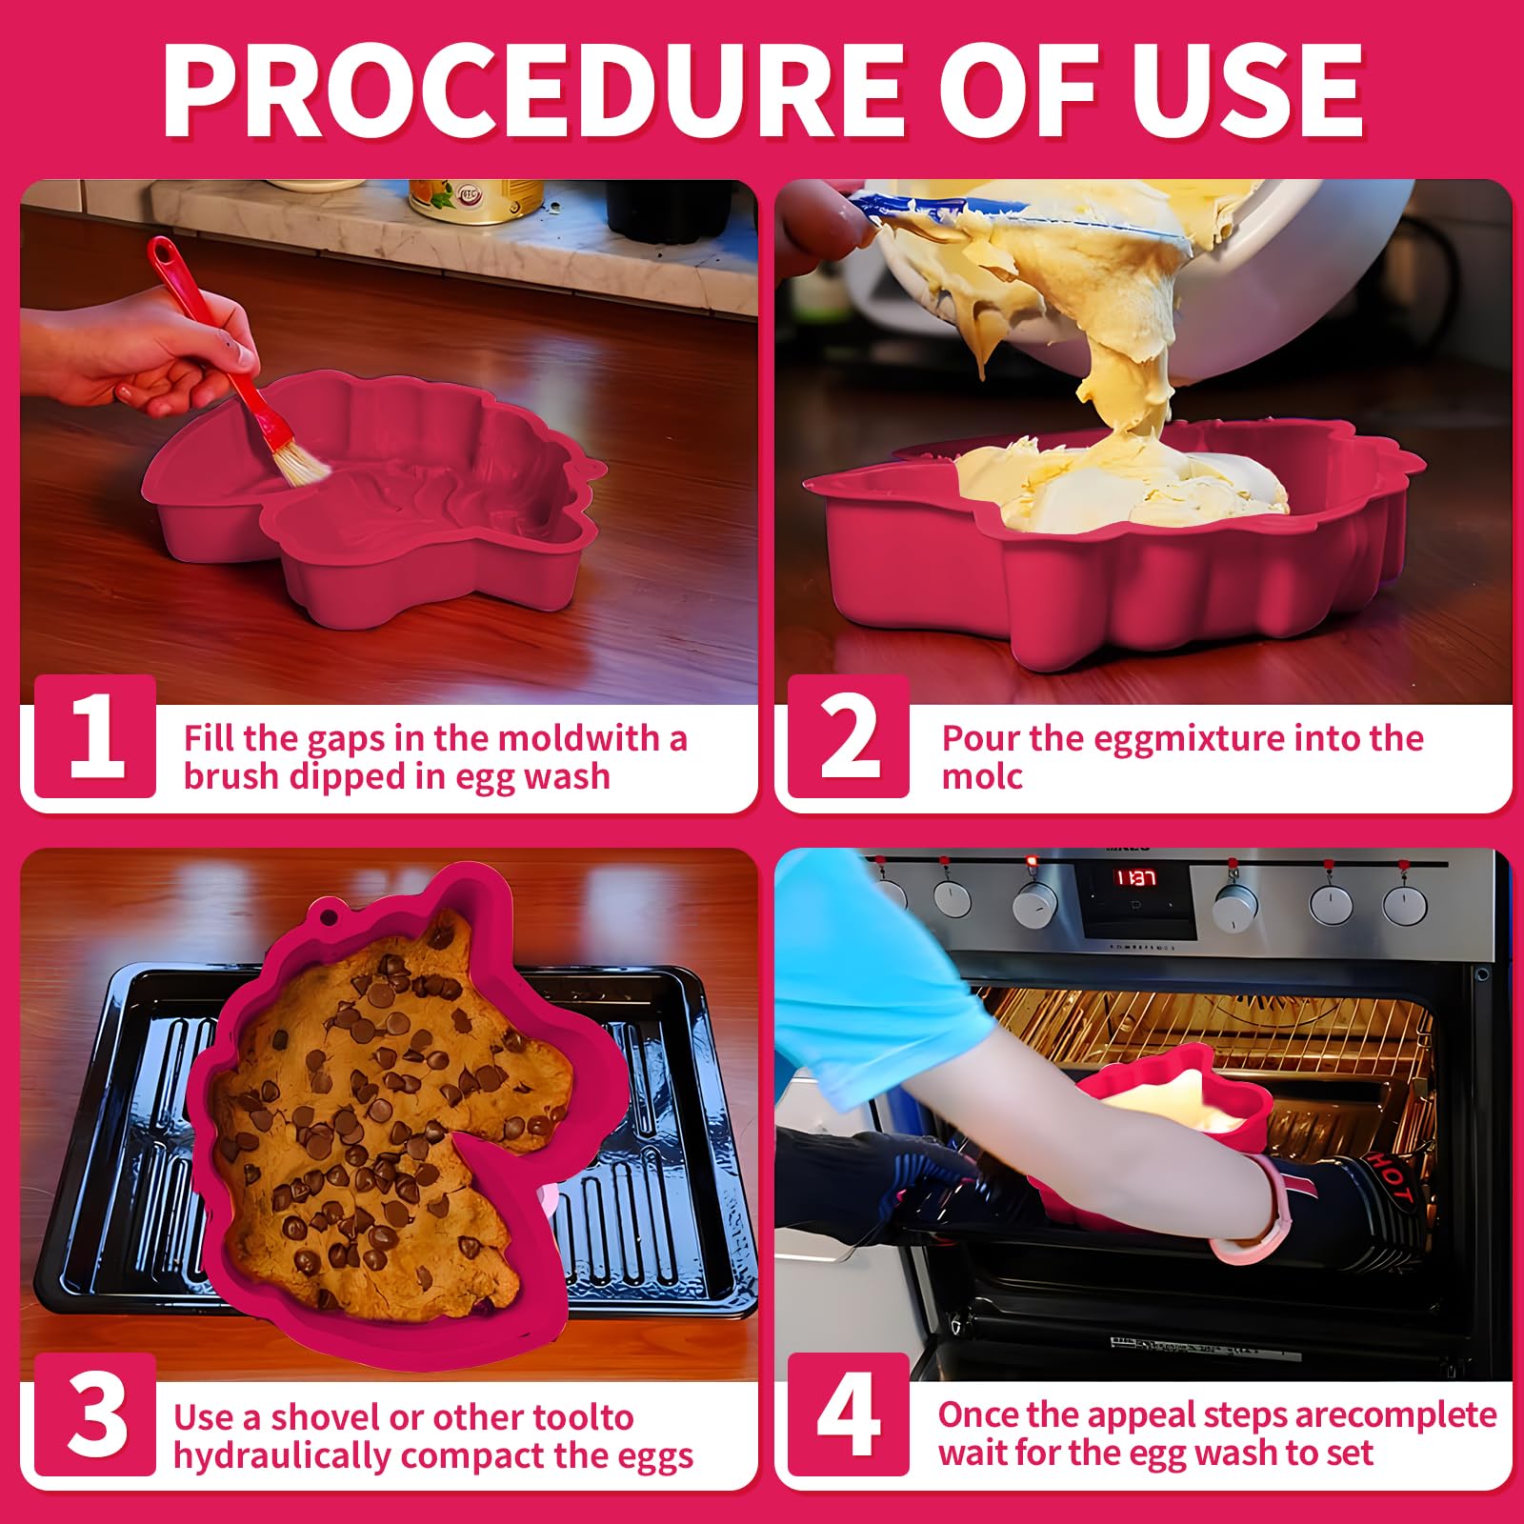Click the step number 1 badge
pos(95,736)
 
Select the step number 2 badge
pos(849,736)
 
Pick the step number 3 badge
pos(95,1414)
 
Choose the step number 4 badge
pos(849,1414)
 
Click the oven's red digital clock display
pos(1136,877)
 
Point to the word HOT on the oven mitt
pos(1389,1178)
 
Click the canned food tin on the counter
pos(475,200)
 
